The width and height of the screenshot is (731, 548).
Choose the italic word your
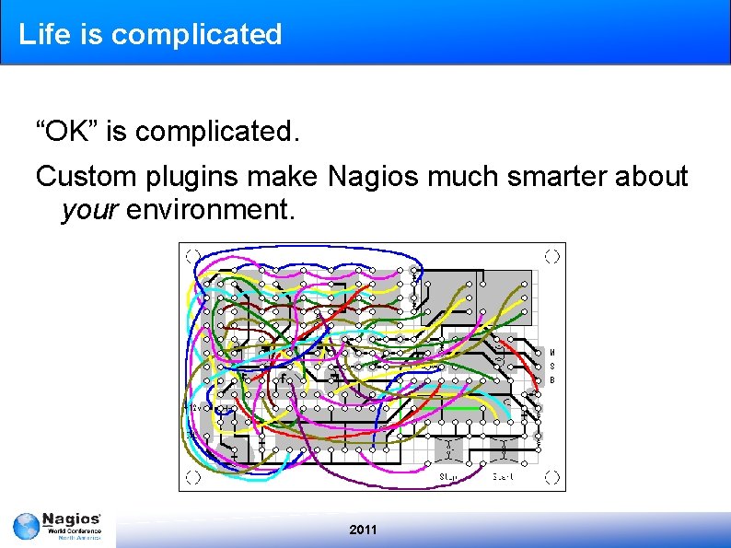point(89,211)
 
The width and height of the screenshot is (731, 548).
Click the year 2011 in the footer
point(364,530)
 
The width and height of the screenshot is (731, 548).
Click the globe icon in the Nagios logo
point(27,527)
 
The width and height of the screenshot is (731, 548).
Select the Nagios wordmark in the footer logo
point(71,521)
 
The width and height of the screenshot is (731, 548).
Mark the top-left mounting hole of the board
point(191,256)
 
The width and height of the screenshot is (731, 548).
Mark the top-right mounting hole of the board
point(551,256)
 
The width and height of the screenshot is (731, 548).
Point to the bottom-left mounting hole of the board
point(191,477)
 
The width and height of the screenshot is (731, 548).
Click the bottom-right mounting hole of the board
point(551,477)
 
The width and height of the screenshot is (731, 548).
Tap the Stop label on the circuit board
point(449,476)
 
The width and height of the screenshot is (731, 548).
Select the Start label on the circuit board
point(503,476)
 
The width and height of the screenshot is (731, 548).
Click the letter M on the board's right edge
point(551,353)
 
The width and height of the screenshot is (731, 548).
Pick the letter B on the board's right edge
point(551,379)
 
